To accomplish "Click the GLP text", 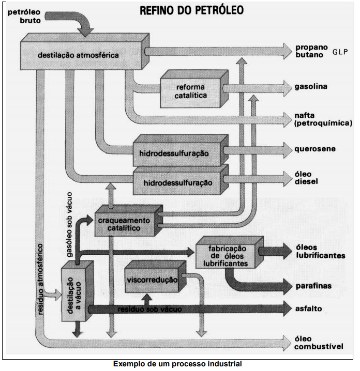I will pyautogui.click(x=342, y=52).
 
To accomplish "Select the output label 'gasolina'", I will pyautogui.click(x=311, y=86).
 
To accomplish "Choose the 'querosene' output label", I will pyautogui.click(x=315, y=149).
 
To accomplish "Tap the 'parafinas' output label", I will pyautogui.click(x=314, y=285).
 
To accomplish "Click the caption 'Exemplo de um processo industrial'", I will pyautogui.click(x=177, y=363).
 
